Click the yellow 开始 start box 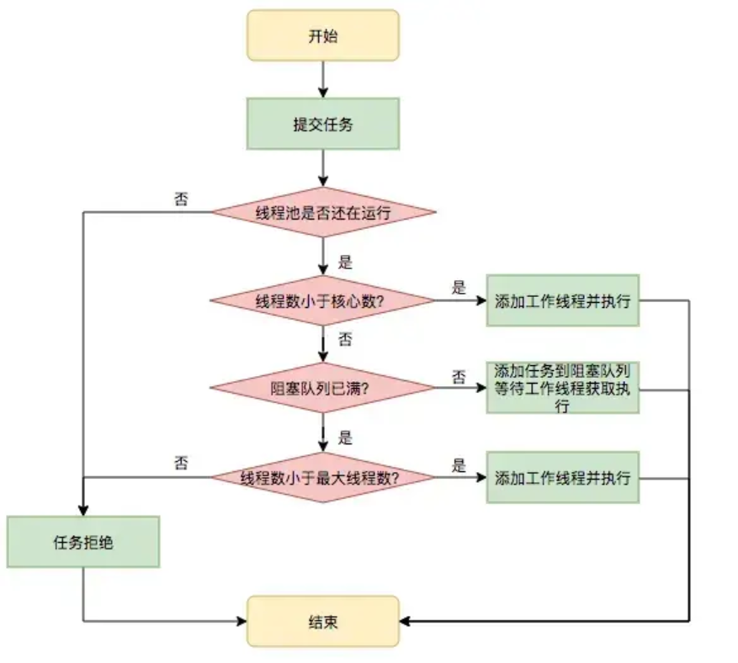point(322,35)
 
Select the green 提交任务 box point(322,125)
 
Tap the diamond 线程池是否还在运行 point(322,212)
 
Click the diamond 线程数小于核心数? point(322,300)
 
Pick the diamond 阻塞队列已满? point(322,388)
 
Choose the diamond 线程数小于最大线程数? point(322,477)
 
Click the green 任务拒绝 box point(83,542)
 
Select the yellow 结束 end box point(322,622)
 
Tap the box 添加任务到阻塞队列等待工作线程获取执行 point(562,388)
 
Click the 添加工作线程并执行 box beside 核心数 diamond point(562,300)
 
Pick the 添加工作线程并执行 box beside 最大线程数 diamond point(562,477)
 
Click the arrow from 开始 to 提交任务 point(322,79)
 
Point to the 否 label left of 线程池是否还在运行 point(181,199)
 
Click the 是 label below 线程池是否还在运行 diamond point(344,262)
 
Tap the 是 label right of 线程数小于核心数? point(459,288)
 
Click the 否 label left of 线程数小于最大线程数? point(181,463)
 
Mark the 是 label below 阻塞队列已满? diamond point(344,438)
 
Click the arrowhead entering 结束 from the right point(405,622)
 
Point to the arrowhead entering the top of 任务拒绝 point(83,511)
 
